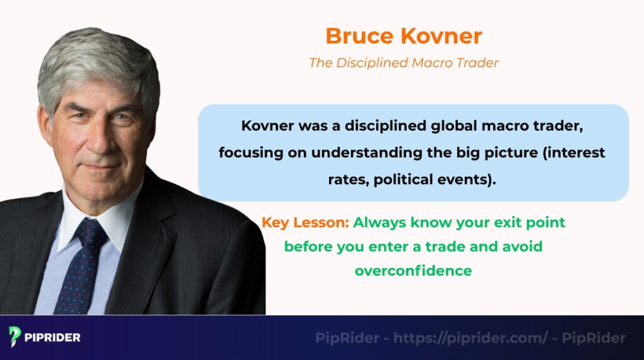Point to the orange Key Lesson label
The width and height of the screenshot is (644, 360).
[x=304, y=222]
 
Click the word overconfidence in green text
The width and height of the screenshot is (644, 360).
[x=413, y=271]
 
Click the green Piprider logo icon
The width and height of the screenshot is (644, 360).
[x=15, y=337]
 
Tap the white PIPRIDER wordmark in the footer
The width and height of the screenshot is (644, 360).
[x=53, y=337]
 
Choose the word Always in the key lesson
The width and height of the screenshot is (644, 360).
[x=380, y=222]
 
